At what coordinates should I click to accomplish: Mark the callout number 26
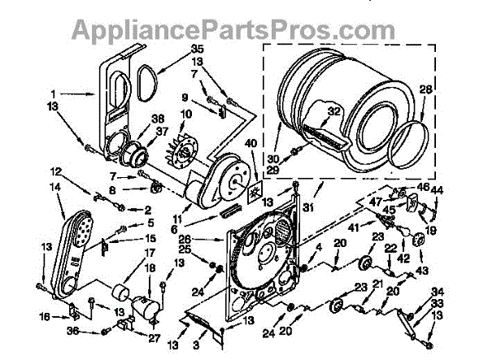point(185,239)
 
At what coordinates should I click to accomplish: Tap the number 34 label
point(438,292)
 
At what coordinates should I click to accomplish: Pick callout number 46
point(422,187)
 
